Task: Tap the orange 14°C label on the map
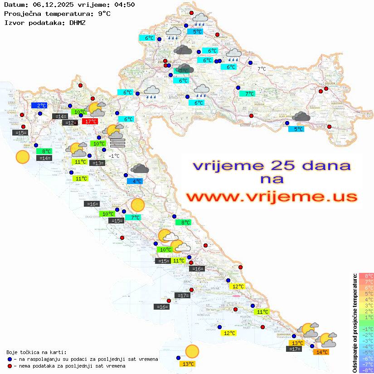pos(321,352)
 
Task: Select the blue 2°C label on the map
pos(39,105)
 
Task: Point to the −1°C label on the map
pos(114,156)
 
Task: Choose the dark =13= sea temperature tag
pos(97,163)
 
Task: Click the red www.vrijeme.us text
pos(272,197)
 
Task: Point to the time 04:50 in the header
pos(124,5)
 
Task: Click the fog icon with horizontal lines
pos(117,143)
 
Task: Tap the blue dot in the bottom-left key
pos(10,359)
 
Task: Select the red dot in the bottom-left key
pos(10,366)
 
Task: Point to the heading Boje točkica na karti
pos(36,352)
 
